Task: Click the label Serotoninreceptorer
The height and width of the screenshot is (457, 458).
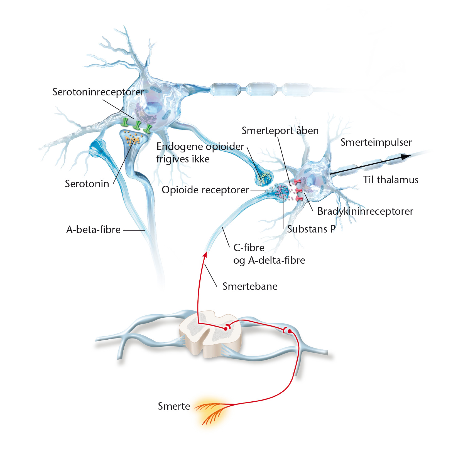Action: tap(98, 92)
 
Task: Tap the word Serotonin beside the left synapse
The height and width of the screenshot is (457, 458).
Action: tap(87, 184)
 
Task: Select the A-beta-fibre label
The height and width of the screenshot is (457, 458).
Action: tap(93, 230)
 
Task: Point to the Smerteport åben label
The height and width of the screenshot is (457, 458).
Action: tap(280, 131)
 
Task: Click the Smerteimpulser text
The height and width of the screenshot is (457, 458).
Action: tap(376, 142)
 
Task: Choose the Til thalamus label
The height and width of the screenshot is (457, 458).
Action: tap(391, 180)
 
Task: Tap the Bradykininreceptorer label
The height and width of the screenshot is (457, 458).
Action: tap(365, 211)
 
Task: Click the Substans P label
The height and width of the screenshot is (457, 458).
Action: tap(311, 229)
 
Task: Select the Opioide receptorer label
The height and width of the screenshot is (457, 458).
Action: tap(205, 190)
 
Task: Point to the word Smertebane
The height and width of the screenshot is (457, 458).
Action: tap(250, 286)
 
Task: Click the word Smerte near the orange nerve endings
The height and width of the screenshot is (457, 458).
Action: tap(174, 406)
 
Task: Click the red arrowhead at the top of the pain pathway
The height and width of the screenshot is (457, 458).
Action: tap(205, 254)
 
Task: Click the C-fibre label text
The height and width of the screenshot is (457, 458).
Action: tap(249, 248)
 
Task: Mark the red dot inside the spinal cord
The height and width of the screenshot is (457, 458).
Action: tap(226, 329)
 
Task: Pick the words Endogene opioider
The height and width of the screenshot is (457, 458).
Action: tap(200, 147)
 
